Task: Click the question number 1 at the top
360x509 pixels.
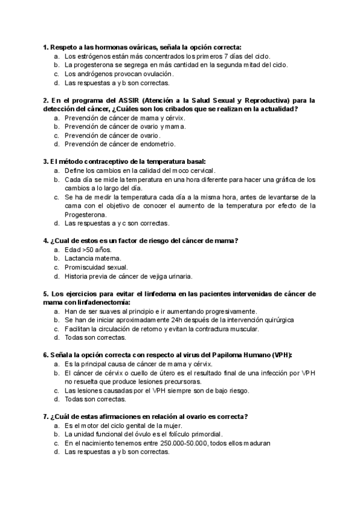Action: [45, 47]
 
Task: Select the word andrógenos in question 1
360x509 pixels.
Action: [92, 74]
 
